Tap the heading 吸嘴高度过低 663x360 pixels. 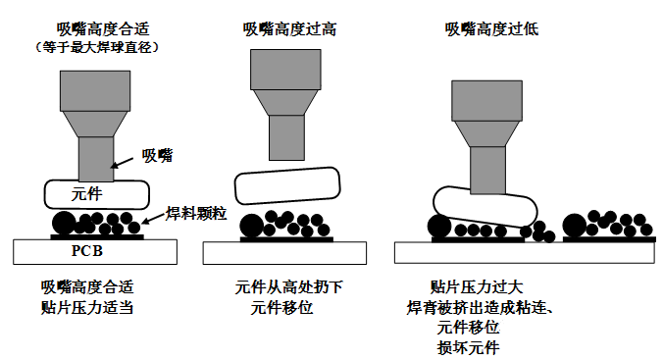coord(491,28)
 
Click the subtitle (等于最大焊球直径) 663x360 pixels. coord(96,46)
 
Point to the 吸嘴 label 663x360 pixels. coord(158,155)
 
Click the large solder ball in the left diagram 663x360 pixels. coord(67,223)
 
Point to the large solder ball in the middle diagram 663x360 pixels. coord(250,225)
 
